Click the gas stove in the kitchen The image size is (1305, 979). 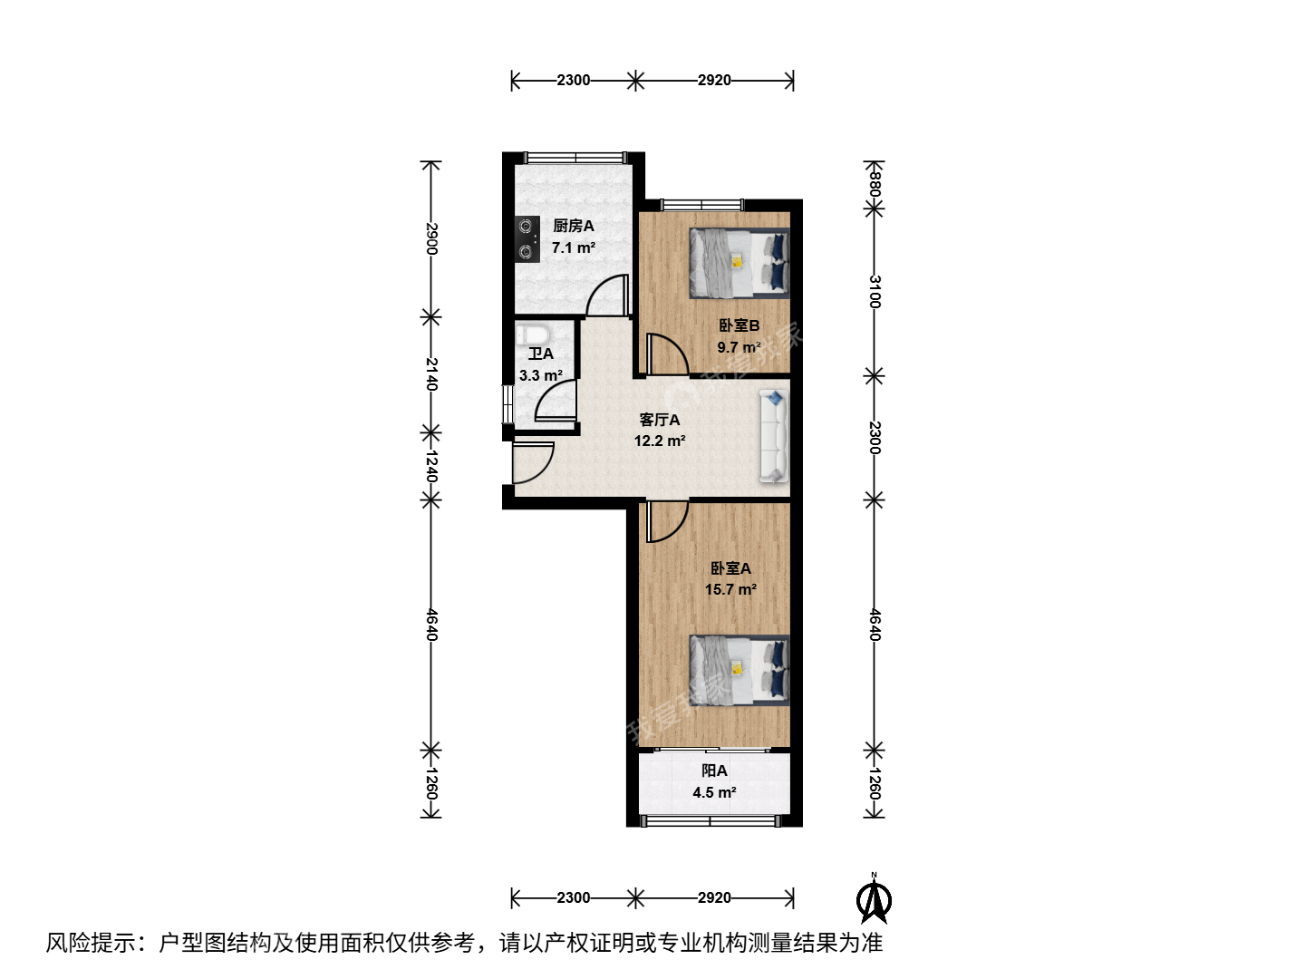(x=527, y=239)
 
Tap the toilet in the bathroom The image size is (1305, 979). (x=533, y=334)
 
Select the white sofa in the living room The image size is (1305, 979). (x=774, y=436)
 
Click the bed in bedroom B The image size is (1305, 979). (x=739, y=263)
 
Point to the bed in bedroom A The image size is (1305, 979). (x=739, y=670)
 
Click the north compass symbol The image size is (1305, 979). (x=874, y=899)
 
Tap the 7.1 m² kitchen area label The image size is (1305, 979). (x=573, y=247)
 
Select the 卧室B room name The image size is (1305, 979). (x=739, y=325)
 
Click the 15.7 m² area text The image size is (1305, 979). (x=730, y=589)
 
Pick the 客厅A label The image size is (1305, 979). (x=660, y=420)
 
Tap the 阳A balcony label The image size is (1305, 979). (x=714, y=771)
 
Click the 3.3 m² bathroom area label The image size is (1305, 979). (x=540, y=375)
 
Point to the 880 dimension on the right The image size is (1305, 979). (x=874, y=184)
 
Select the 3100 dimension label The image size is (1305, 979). (x=874, y=292)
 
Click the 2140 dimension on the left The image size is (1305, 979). (x=431, y=373)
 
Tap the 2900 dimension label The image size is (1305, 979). (x=431, y=238)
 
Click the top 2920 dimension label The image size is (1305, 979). (x=714, y=81)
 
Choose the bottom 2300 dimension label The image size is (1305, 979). (x=573, y=897)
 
